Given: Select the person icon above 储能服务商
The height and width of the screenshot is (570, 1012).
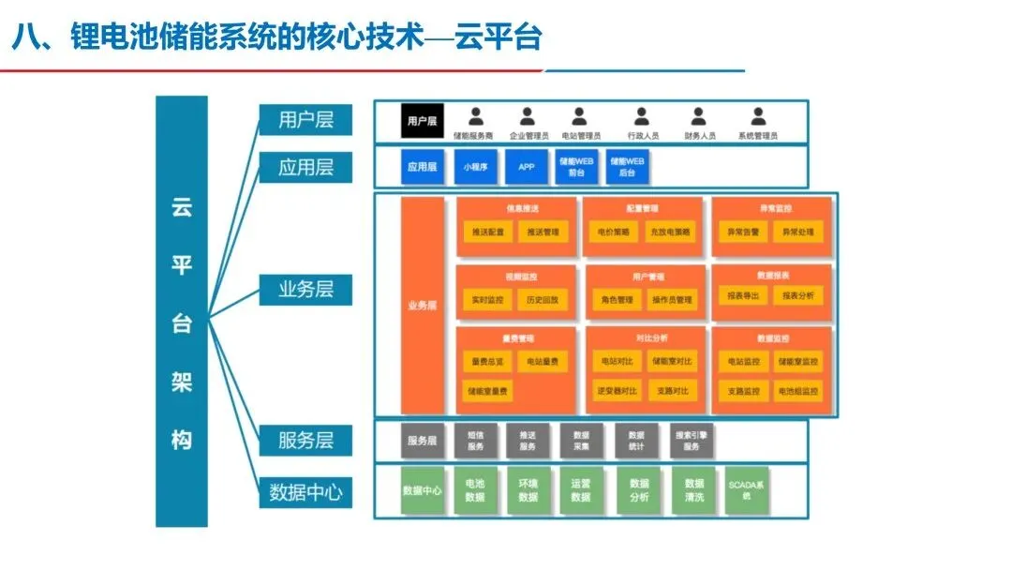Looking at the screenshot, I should (x=477, y=116).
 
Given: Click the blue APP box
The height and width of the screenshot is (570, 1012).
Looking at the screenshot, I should (x=527, y=167).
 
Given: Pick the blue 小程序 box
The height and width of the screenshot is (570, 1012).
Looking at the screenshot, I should (x=475, y=167).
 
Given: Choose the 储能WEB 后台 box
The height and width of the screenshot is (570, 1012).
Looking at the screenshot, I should (x=628, y=167).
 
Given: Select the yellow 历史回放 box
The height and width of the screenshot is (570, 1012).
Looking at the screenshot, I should (x=542, y=300).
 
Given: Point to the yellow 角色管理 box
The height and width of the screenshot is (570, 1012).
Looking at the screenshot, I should (x=617, y=300).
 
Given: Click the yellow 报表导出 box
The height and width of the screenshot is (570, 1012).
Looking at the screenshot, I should (x=743, y=295).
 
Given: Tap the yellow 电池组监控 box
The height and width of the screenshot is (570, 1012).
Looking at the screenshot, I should (x=797, y=391).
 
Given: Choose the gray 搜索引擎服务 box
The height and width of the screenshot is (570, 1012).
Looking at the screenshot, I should (x=692, y=441).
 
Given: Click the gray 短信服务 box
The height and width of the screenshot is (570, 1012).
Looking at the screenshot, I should (x=476, y=441).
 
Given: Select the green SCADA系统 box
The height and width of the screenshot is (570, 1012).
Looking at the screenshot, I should (x=747, y=489).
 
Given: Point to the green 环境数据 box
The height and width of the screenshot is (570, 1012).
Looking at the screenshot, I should (x=528, y=489).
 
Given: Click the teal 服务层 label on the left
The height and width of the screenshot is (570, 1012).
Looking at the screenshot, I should (x=305, y=440).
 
